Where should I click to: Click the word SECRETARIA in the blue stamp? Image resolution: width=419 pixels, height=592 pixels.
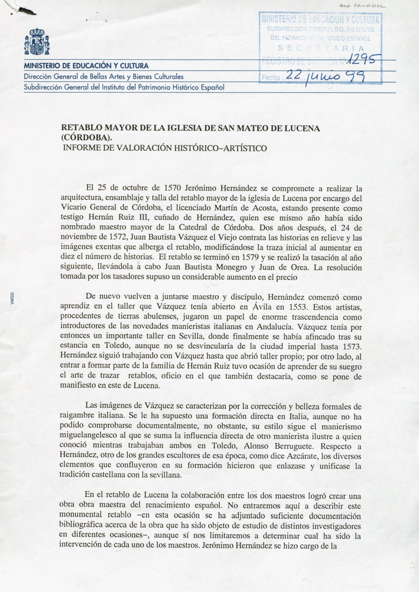point(321,48)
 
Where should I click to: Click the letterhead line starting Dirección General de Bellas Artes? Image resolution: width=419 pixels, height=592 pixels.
point(104,77)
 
